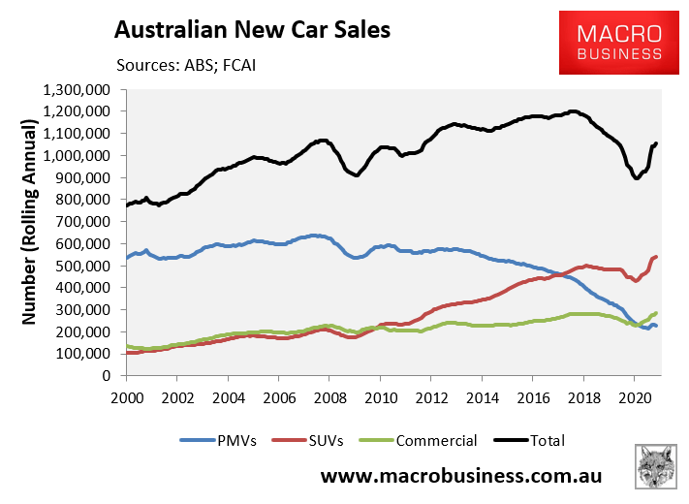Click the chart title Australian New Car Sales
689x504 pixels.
(x=252, y=30)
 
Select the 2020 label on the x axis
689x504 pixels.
(x=633, y=397)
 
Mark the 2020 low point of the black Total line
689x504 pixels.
(x=637, y=178)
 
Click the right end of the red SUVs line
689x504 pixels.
(x=656, y=257)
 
